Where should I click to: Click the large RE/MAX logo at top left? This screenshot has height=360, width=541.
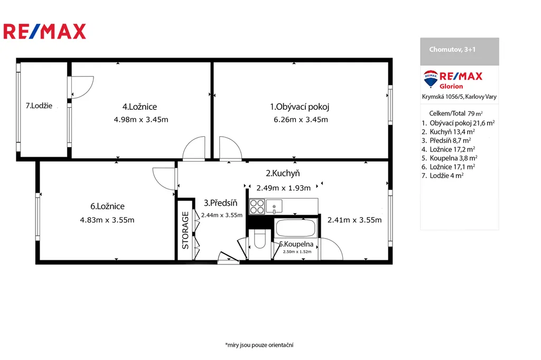tap(44, 31)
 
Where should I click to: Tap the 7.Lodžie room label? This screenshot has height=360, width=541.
tap(39, 106)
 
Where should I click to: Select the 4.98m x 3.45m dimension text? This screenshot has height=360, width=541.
tap(141, 120)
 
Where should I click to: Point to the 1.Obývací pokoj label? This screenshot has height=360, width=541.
tap(300, 107)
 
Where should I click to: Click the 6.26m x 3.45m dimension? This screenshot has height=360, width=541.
tap(301, 120)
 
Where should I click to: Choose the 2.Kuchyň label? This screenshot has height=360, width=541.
tap(283, 173)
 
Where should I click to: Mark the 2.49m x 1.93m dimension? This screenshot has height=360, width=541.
tap(283, 188)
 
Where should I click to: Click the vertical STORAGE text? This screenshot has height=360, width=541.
tap(185, 230)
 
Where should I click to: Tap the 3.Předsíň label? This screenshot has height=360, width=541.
tap(220, 203)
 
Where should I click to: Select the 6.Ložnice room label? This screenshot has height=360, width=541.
tap(107, 206)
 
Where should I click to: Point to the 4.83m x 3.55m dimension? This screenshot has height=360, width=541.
tap(107, 220)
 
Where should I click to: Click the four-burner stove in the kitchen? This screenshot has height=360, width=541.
tap(257, 206)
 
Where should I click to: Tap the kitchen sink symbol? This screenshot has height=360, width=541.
tap(274, 206)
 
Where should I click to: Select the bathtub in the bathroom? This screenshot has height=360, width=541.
tap(296, 228)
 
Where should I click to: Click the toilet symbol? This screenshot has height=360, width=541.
tap(260, 239)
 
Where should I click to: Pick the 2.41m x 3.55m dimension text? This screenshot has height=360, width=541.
tap(355, 220)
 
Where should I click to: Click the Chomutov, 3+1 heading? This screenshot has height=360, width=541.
tap(452, 49)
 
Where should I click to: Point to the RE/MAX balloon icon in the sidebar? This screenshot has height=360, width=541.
tap(431, 79)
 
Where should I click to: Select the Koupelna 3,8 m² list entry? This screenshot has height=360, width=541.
tap(450, 158)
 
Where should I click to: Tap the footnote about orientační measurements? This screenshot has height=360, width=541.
tap(259, 345)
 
